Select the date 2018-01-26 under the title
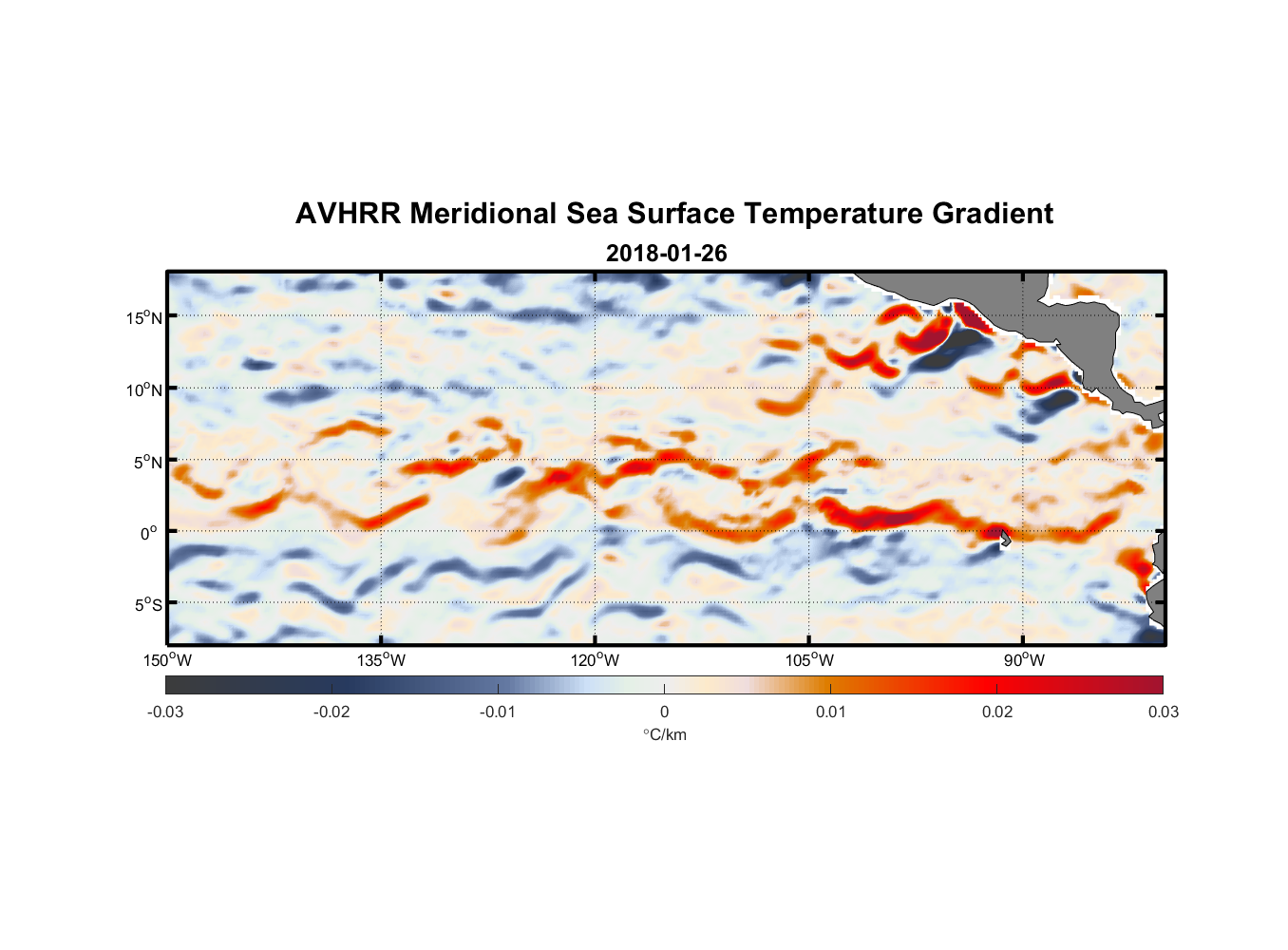point(666,253)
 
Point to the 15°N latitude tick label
point(144,317)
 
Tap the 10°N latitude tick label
point(144,389)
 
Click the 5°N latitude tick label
point(147,462)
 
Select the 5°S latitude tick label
point(147,605)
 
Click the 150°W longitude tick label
point(168,660)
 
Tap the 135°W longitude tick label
point(382,660)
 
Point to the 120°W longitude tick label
point(596,660)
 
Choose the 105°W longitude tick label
point(809,660)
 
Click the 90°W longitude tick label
point(1024,660)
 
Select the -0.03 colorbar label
point(165,712)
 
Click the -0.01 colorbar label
point(498,712)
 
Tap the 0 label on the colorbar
point(664,712)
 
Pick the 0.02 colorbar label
point(997,712)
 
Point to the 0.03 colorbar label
point(1163,712)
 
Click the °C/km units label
point(664,734)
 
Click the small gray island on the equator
point(1004,537)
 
